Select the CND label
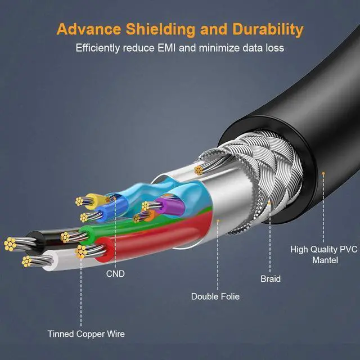point(115,274)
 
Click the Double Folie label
point(215,296)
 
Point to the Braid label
point(270,278)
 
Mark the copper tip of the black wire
point(10,244)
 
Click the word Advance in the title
point(91,29)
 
